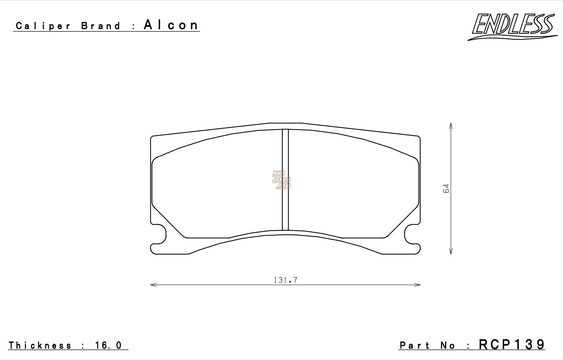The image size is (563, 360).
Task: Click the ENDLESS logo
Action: pos(513,26)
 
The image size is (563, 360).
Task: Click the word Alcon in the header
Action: pos(171,25)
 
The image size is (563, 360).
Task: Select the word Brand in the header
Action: pos(101,26)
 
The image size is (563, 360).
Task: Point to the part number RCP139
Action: pos(512,344)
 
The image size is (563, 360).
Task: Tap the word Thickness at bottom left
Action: pos(40,345)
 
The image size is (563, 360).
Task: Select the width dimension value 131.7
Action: pos(285,280)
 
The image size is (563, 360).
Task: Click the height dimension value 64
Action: pos(446,188)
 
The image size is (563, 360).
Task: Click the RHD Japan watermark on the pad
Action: pos(281,180)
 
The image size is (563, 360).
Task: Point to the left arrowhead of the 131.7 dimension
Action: pos(152,284)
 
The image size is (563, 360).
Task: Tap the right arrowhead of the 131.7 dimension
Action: pos(419,284)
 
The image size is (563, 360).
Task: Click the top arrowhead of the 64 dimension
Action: pos(451,125)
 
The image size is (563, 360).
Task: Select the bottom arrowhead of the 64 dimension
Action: pos(451,252)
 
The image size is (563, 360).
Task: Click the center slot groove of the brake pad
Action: pos(285,180)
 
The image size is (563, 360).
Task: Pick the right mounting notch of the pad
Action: pos(411,234)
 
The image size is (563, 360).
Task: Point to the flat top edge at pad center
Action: pos(285,123)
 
